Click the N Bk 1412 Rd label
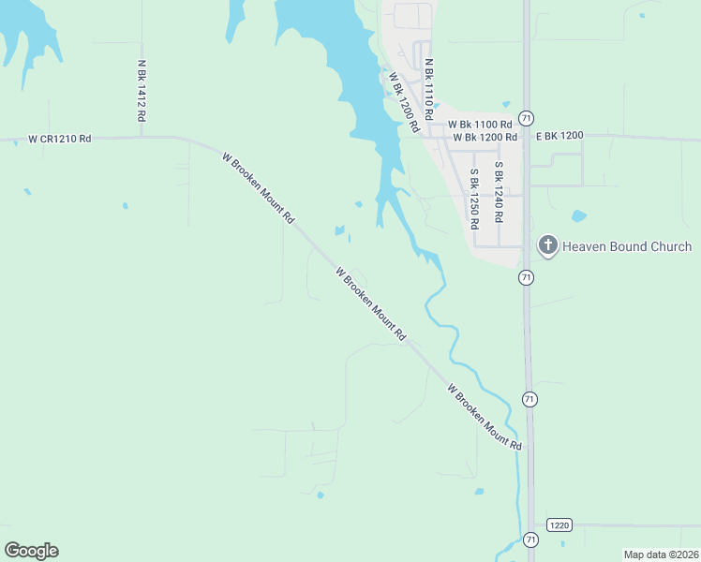pyautogui.click(x=142, y=92)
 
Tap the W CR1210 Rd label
pyautogui.click(x=60, y=139)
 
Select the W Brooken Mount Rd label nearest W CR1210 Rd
pyautogui.click(x=259, y=187)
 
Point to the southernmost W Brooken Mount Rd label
pyautogui.click(x=484, y=417)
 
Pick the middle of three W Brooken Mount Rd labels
pyautogui.click(x=371, y=303)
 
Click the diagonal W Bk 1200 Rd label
pyautogui.click(x=403, y=101)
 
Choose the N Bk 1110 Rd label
pyautogui.click(x=428, y=90)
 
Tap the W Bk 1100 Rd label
pyautogui.click(x=480, y=124)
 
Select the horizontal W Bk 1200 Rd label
pyautogui.click(x=485, y=137)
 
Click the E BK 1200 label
pyautogui.click(x=559, y=136)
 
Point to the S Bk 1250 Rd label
pyautogui.click(x=475, y=199)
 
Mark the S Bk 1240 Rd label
pyautogui.click(x=499, y=192)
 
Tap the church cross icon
pyautogui.click(x=547, y=246)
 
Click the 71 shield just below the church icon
pyautogui.click(x=526, y=277)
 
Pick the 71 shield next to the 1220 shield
pyautogui.click(x=531, y=540)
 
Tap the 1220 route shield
pyautogui.click(x=559, y=525)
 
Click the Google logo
pyautogui.click(x=31, y=551)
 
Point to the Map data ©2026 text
pyautogui.click(x=662, y=555)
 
